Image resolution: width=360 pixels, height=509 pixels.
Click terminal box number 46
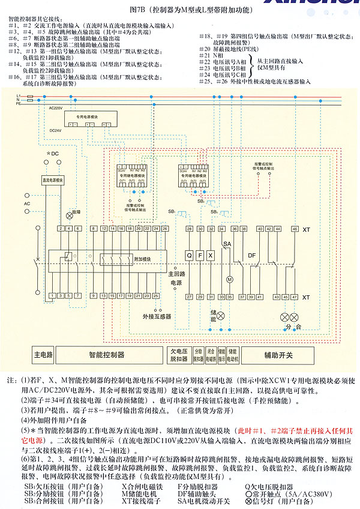[295, 229]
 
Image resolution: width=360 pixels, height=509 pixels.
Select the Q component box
[190, 254]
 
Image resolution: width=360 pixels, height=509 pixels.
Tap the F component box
[200, 254]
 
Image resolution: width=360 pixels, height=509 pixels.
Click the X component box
[211, 254]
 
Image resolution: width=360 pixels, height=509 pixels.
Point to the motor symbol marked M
[229, 280]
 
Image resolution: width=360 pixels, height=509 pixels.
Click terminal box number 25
[155, 296]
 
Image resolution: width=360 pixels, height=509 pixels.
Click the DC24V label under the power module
[55, 130]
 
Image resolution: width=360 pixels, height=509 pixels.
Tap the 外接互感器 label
[157, 316]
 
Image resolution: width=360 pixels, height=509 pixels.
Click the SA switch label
[227, 244]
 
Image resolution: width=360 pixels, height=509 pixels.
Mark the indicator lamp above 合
[295, 316]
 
